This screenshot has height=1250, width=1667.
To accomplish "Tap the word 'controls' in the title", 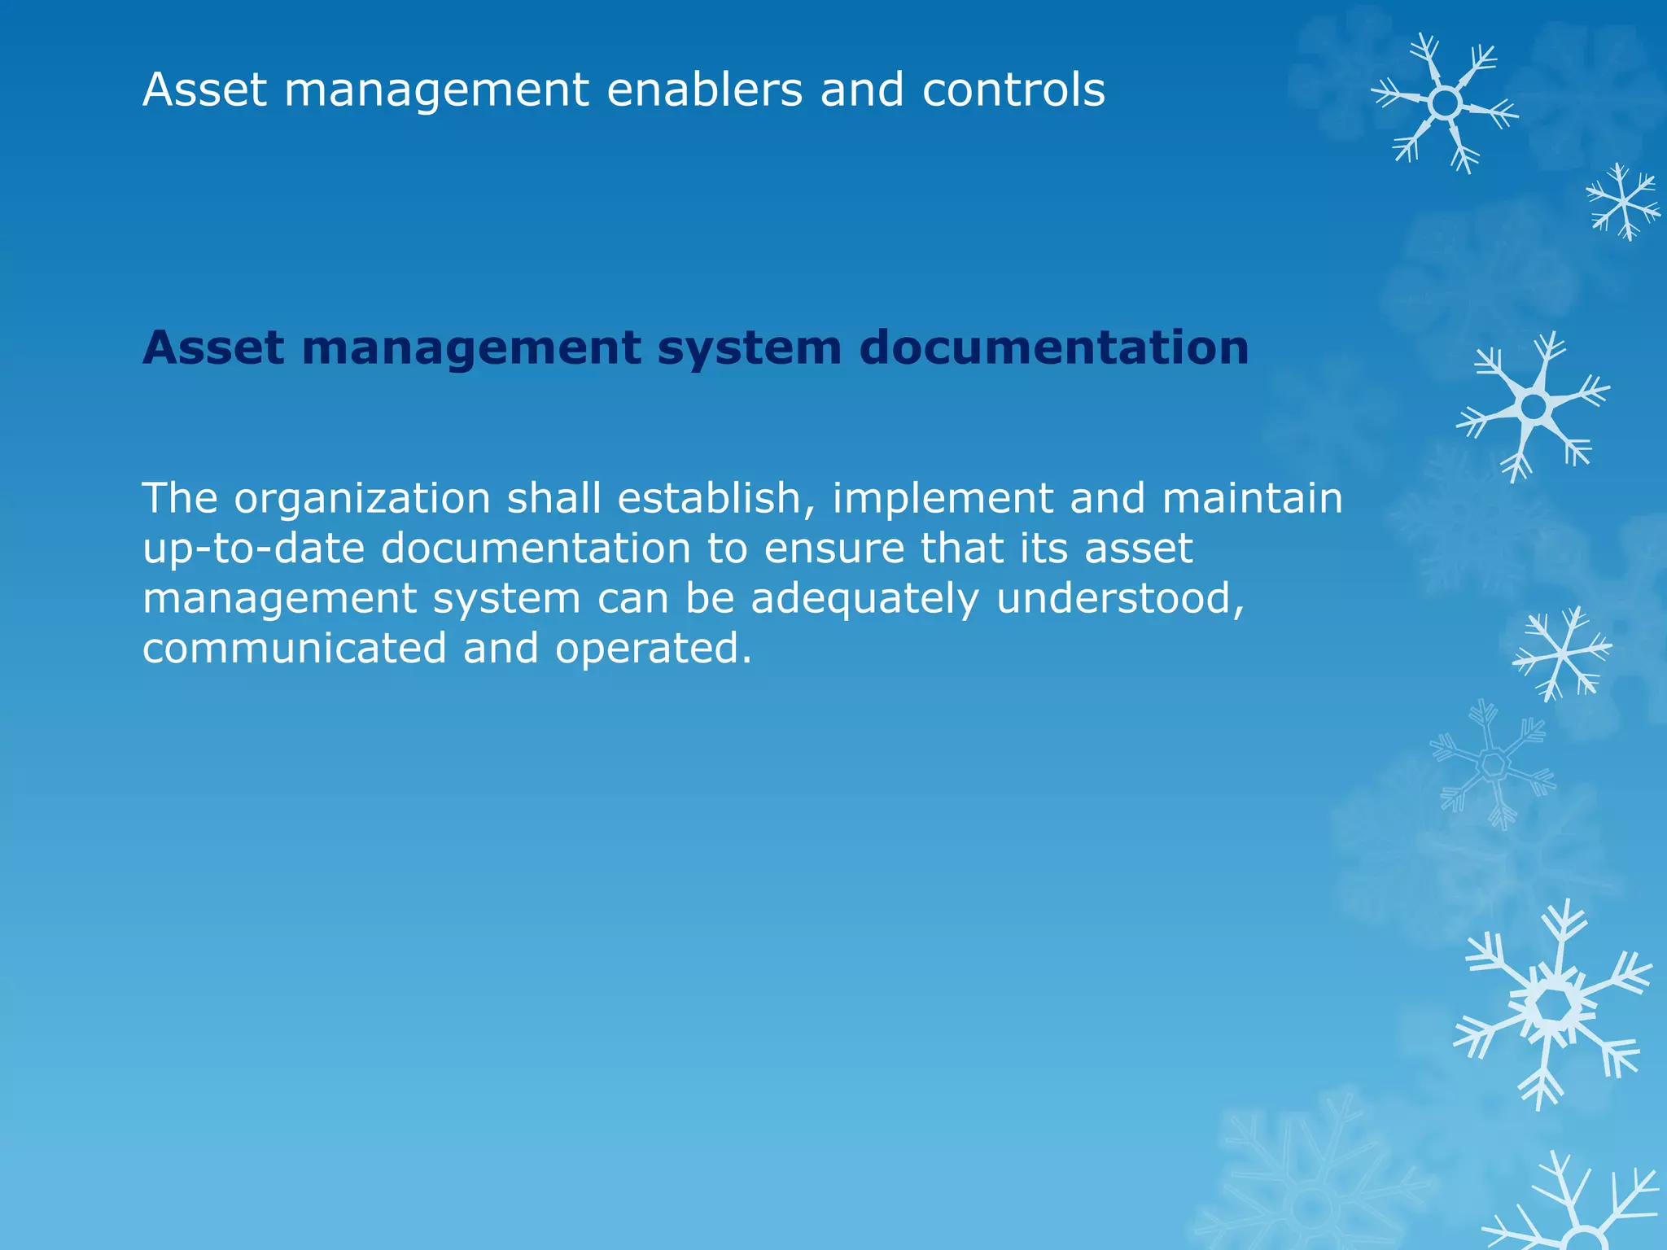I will [x=1013, y=90].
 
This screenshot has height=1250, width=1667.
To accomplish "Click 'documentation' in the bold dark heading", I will [x=1054, y=348].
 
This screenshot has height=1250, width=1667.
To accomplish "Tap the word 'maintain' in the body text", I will [x=1253, y=498].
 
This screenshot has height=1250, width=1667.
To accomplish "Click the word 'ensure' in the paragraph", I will [x=834, y=549].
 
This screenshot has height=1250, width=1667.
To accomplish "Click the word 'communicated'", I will [x=295, y=649].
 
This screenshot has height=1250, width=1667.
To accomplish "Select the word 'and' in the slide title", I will [x=862, y=90].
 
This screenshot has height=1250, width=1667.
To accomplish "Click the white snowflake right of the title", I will [x=1445, y=103].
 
